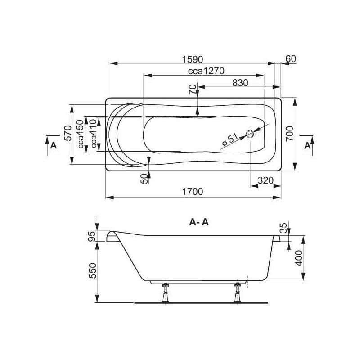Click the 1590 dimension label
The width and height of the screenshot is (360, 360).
(193, 59)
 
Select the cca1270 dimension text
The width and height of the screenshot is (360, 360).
(206, 71)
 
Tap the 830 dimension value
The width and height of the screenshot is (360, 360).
(240, 83)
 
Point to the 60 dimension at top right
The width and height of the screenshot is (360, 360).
(291, 59)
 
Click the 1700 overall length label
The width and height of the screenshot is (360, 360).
(193, 192)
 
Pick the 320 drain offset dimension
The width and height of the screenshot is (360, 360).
(265, 180)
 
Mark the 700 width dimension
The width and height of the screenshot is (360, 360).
(289, 134)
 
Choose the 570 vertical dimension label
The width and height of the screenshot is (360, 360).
(68, 133)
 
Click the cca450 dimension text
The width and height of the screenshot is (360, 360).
(81, 134)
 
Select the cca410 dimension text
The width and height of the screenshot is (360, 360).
(94, 134)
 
